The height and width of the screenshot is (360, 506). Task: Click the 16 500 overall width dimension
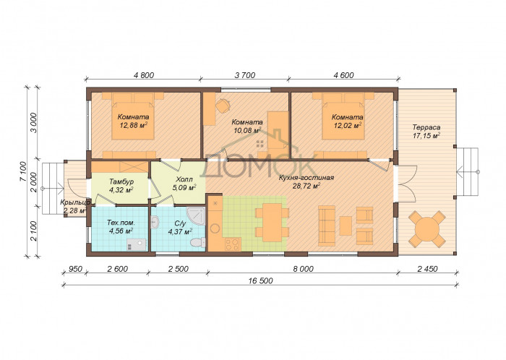coord(260,280)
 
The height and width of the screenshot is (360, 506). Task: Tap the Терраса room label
coord(426,127)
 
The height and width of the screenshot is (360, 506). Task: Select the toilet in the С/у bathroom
coord(198,242)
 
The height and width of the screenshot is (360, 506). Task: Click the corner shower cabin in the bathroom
coord(196,216)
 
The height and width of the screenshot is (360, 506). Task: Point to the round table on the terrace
coord(427,229)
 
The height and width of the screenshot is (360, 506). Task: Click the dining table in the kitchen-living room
coord(272,222)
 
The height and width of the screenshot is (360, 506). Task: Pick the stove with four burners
coord(233,244)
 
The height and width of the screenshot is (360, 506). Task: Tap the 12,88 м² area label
coord(134,125)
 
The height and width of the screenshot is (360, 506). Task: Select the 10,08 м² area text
coord(247,130)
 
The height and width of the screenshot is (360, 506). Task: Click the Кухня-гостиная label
coord(306,178)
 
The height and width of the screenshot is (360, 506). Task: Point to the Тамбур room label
coord(121,182)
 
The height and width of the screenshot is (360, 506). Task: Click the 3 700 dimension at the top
coord(244,75)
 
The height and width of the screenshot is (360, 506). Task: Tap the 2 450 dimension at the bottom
coord(427,269)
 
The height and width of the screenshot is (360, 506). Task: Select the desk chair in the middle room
coord(223,106)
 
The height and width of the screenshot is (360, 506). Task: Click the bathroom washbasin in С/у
coord(155,222)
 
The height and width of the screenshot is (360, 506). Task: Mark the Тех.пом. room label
coord(121,223)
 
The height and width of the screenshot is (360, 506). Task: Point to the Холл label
coord(184,179)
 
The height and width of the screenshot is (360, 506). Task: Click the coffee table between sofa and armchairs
coord(346,226)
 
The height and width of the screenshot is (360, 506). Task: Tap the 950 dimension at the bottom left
coord(76,269)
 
